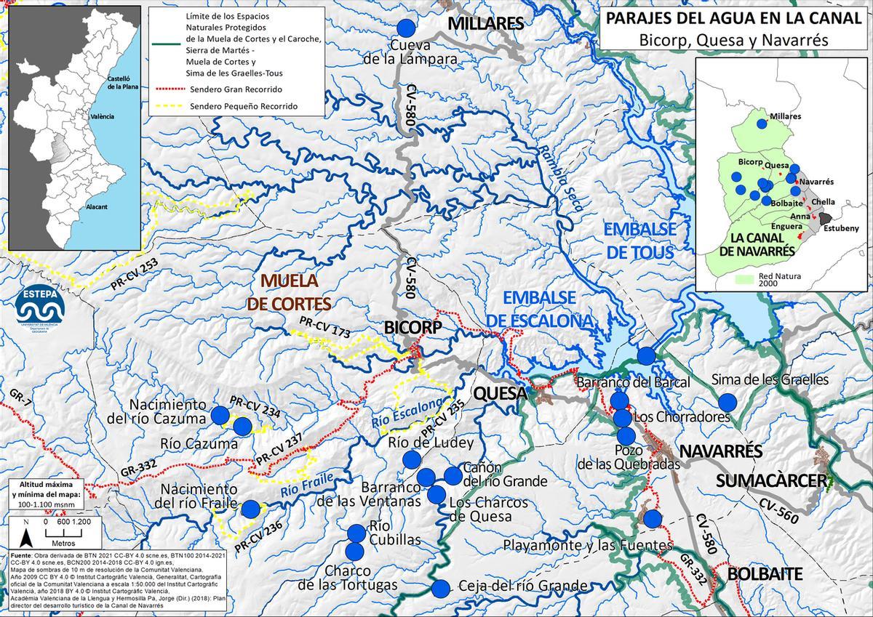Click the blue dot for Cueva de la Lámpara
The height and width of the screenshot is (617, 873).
(x=407, y=28)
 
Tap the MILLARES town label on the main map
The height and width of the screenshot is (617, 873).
(x=485, y=24)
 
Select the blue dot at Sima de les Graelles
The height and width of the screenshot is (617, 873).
(x=726, y=402)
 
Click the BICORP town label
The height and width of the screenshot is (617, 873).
(x=413, y=328)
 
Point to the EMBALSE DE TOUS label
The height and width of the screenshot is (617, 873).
(x=640, y=241)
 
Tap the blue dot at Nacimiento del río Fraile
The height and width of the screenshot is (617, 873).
(x=250, y=509)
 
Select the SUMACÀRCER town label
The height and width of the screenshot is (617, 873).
(x=771, y=480)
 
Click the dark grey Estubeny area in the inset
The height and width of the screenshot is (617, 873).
(x=825, y=217)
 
